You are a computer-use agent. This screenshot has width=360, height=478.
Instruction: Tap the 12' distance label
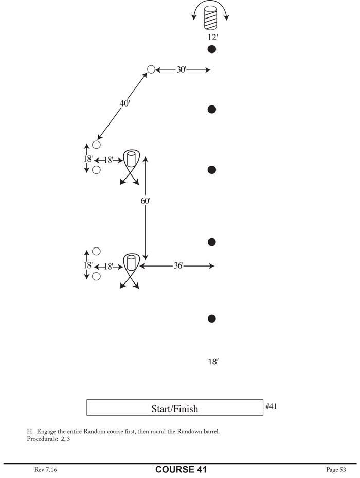(211, 37)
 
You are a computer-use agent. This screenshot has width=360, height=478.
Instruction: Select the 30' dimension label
(181, 69)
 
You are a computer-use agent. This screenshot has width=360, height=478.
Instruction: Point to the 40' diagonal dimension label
(124, 103)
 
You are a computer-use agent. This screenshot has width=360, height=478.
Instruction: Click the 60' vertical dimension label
(146, 201)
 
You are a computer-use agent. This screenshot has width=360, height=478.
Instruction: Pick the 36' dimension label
(177, 266)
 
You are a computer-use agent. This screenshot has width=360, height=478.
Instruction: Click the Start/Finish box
(175, 408)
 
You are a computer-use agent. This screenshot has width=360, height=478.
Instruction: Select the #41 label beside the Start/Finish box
(272, 406)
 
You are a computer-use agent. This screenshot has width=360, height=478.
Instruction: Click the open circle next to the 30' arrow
(151, 69)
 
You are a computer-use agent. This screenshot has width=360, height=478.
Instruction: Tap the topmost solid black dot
(211, 49)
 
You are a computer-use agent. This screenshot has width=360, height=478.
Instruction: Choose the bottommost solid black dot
(211, 319)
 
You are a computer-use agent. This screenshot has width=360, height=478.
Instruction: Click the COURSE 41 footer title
(181, 469)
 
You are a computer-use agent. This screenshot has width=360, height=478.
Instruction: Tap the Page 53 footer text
(336, 469)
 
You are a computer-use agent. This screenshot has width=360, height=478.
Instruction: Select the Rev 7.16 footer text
(46, 469)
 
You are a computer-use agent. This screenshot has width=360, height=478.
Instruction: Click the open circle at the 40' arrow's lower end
(96, 145)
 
